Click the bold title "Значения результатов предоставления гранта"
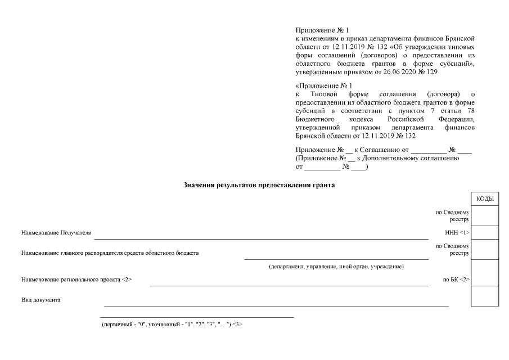pos(259,184)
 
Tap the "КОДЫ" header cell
pos(484,199)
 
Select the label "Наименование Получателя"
pos(56,232)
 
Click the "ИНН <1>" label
pos(457,232)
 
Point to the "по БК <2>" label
pos(457,279)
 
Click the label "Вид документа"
pos(40,300)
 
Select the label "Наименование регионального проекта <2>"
pos(76,279)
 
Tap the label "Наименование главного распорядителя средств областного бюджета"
pos(110,253)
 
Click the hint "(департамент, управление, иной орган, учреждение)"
pos(336,266)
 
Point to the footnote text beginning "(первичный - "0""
pos(172,325)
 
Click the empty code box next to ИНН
pos(484,232)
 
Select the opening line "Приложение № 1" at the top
pos(322,30)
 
